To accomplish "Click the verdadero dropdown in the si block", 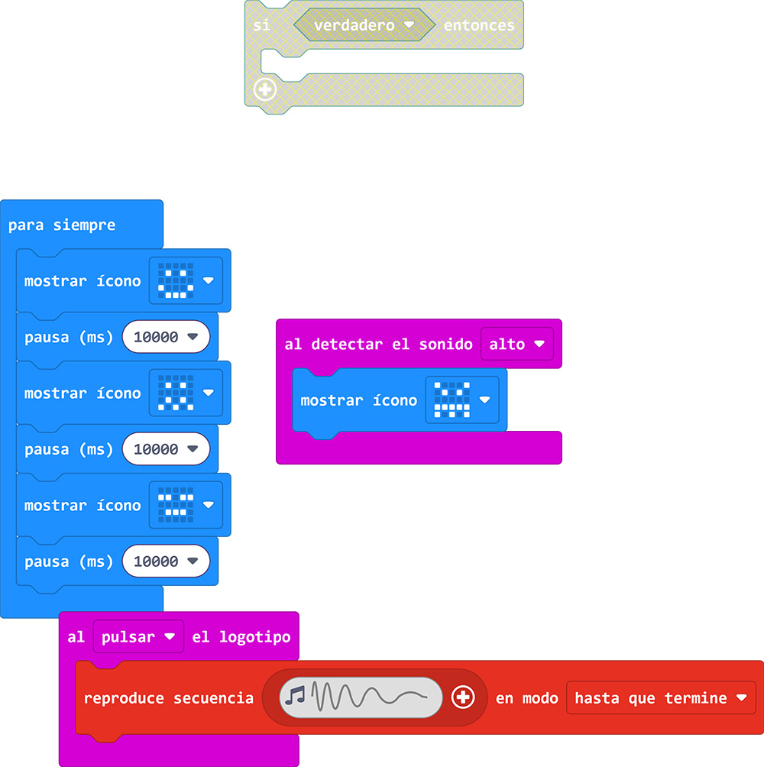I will tap(364, 25).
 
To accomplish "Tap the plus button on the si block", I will tap(265, 90).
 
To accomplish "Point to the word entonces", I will tap(479, 25).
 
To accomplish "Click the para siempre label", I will tap(62, 225).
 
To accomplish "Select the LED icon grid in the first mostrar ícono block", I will tap(176, 280).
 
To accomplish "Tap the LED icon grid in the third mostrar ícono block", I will tap(176, 505).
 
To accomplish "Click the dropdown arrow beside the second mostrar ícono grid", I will tap(208, 393).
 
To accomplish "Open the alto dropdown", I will tap(516, 345).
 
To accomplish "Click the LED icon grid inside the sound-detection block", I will tap(452, 400).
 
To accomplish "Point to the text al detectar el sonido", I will tap(378, 345).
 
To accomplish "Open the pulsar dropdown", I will tap(138, 637).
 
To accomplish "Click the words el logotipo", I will tap(241, 637).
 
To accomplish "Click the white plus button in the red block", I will tap(463, 697).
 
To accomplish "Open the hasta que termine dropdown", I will tap(660, 698).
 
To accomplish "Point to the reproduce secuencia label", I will tap(169, 698).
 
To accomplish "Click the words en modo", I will tap(526, 698).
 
